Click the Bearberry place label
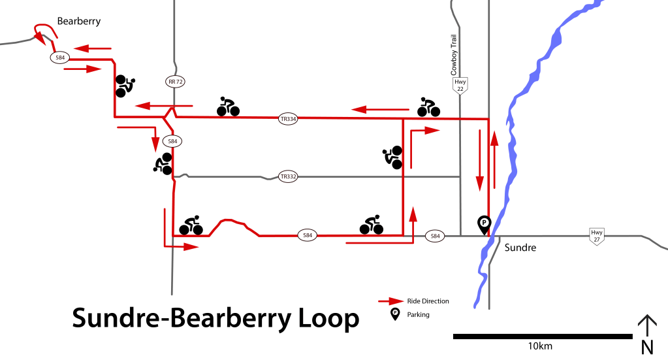tap(79, 21)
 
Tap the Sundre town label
tap(520, 248)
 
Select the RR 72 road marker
tap(175, 82)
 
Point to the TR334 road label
tap(288, 119)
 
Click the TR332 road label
tap(288, 176)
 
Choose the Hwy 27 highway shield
tap(596, 237)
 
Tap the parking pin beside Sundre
tap(484, 224)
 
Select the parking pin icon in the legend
tap(395, 314)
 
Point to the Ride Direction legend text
tap(428, 301)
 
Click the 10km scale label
tap(541, 345)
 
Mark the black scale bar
tap(542, 336)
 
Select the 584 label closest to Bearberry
tap(60, 57)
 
